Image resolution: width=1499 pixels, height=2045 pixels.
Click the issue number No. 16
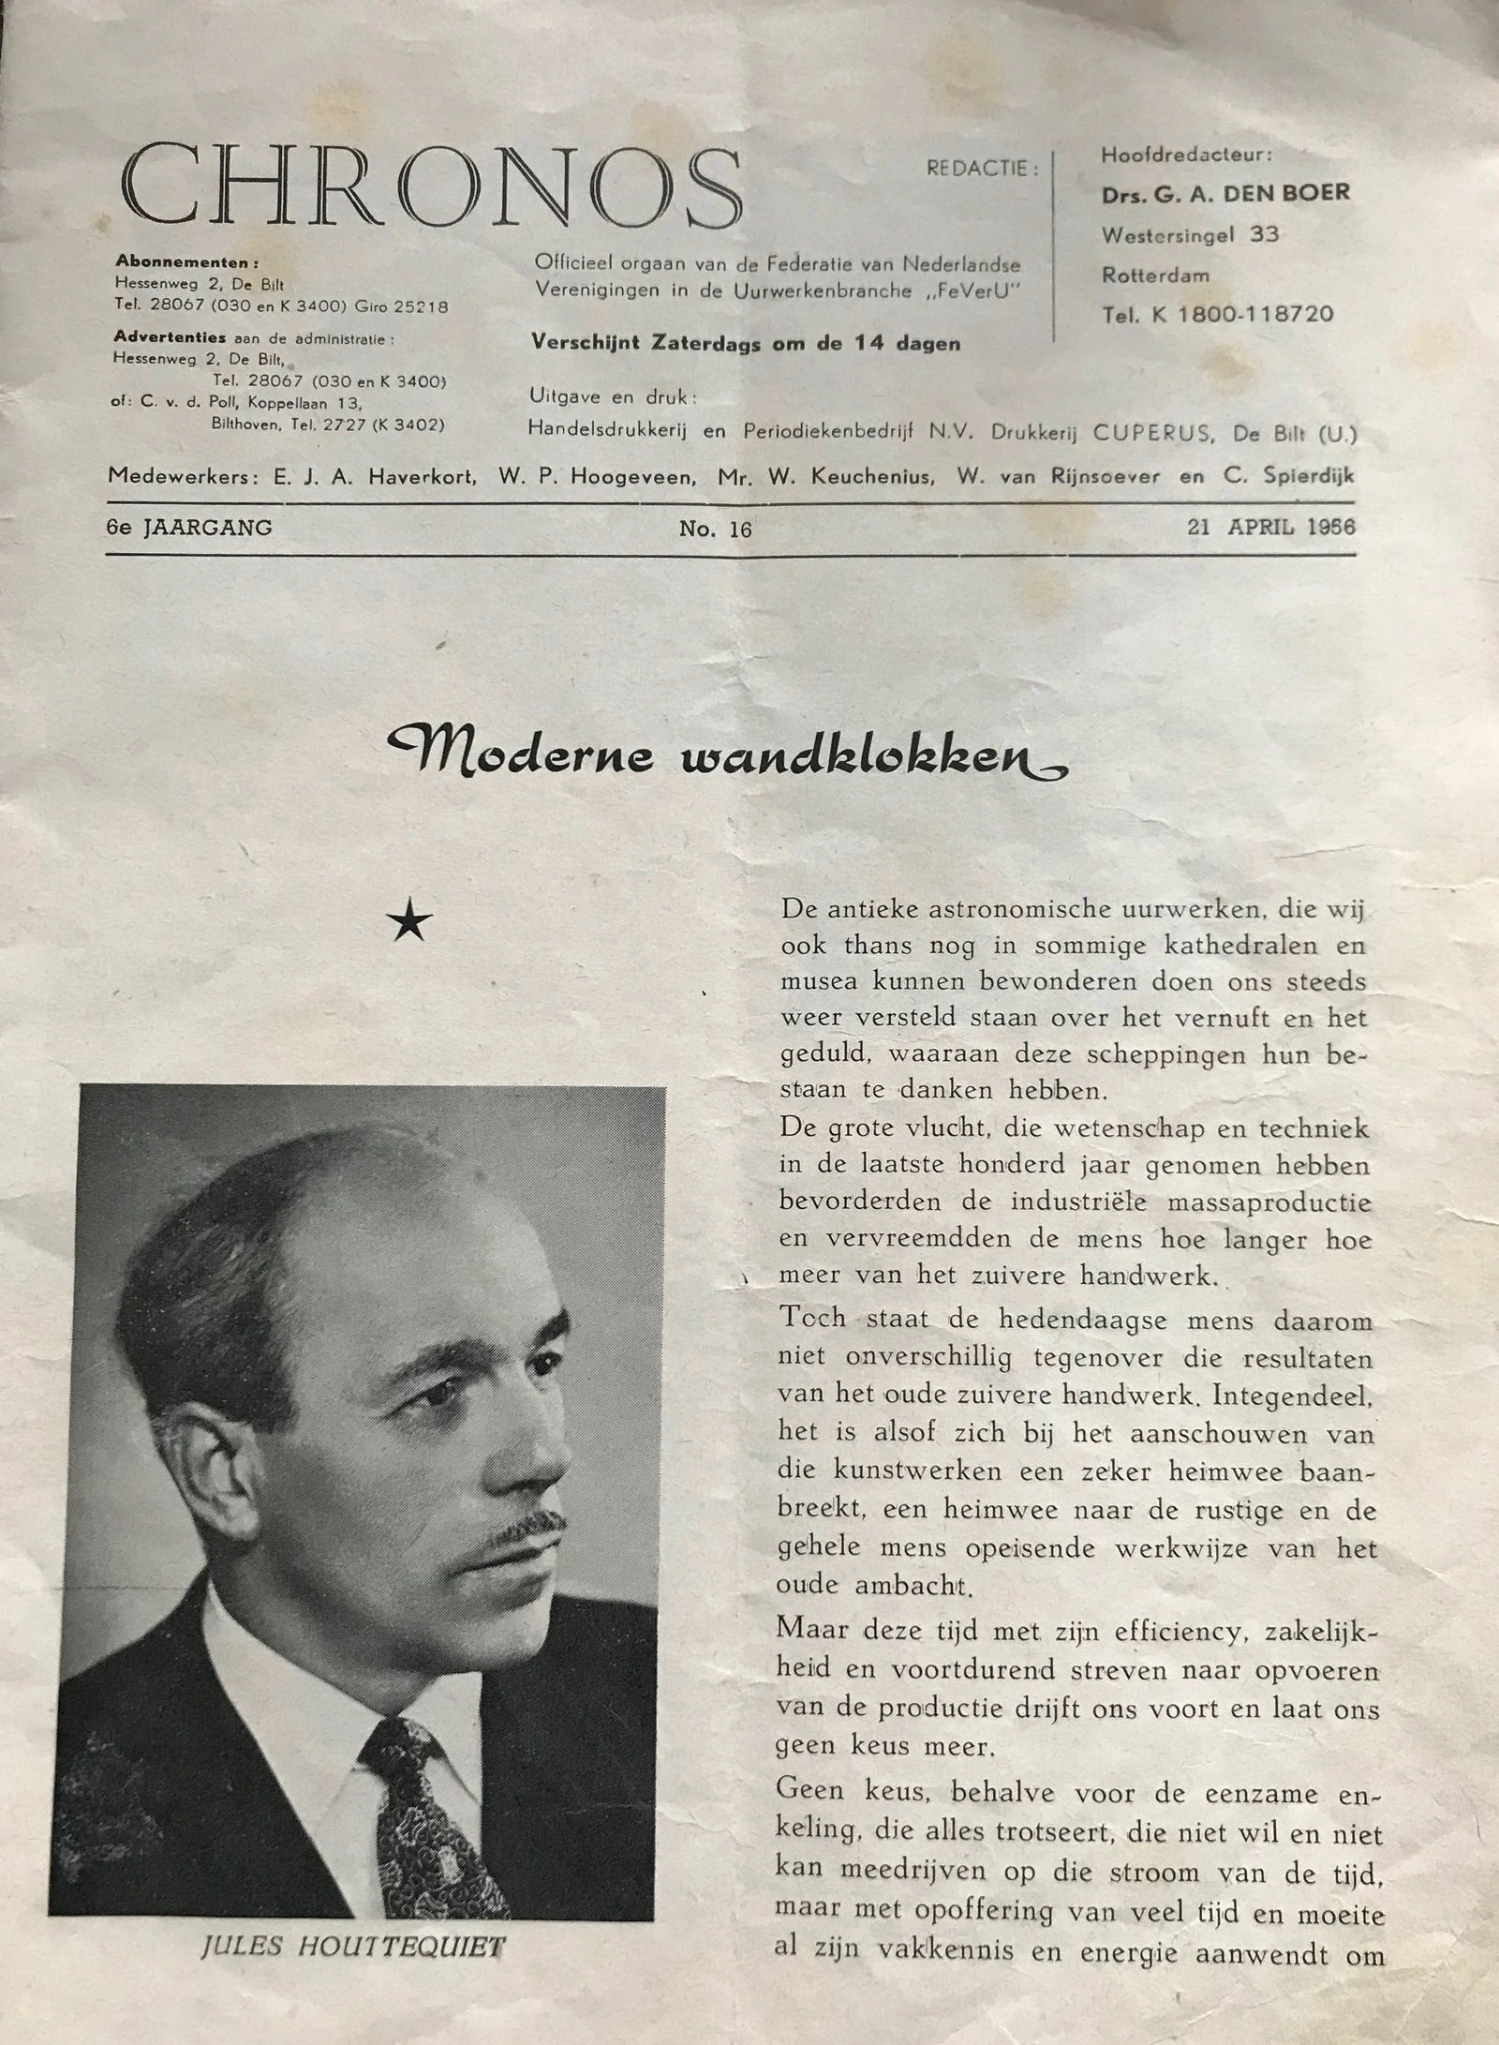click(716, 530)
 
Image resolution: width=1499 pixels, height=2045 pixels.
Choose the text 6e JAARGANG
click(189, 528)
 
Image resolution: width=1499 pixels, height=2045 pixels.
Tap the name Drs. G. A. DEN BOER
click(1224, 194)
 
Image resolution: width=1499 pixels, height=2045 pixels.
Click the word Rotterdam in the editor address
click(1155, 276)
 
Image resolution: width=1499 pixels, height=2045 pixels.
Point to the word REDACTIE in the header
click(982, 170)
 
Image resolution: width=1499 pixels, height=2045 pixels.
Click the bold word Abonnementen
click(186, 262)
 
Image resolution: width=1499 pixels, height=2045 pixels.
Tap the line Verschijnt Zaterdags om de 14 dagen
click(746, 343)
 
